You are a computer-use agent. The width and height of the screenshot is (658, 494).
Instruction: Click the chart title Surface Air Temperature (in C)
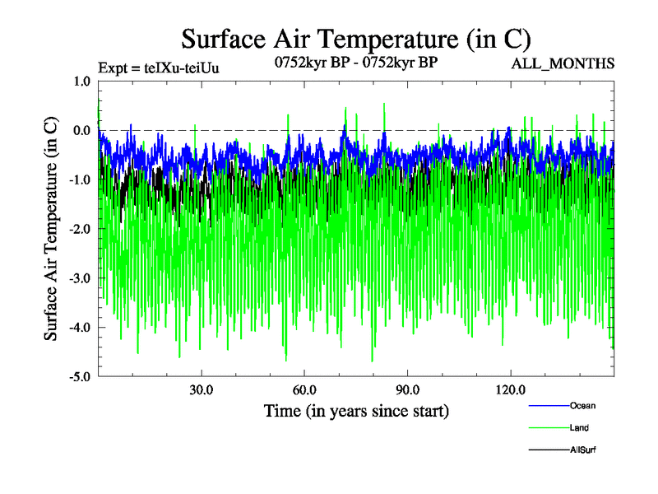[356, 39]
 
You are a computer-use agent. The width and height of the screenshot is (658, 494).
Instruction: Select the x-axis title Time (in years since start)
[356, 410]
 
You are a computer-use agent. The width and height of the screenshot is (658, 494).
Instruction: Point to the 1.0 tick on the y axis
[81, 81]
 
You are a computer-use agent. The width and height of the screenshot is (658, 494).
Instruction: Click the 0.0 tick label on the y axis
[81, 130]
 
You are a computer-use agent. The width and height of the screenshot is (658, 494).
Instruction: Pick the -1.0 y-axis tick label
[79, 179]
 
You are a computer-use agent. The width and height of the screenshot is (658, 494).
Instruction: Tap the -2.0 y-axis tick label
[79, 229]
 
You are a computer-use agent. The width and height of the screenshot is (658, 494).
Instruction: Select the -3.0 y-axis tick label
[79, 278]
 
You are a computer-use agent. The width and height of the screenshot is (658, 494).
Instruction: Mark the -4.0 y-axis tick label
[79, 328]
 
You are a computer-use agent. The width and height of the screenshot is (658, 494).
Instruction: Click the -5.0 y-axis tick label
[79, 377]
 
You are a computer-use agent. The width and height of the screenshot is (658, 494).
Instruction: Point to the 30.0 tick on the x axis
[201, 389]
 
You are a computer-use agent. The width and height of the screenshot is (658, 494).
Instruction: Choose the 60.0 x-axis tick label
[304, 389]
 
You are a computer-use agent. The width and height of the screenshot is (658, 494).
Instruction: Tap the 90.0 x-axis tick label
[407, 389]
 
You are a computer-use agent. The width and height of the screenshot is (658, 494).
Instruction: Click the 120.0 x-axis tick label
[511, 389]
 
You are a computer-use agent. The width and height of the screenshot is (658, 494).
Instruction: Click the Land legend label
[579, 427]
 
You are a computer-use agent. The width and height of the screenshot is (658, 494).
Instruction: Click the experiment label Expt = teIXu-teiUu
[158, 67]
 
